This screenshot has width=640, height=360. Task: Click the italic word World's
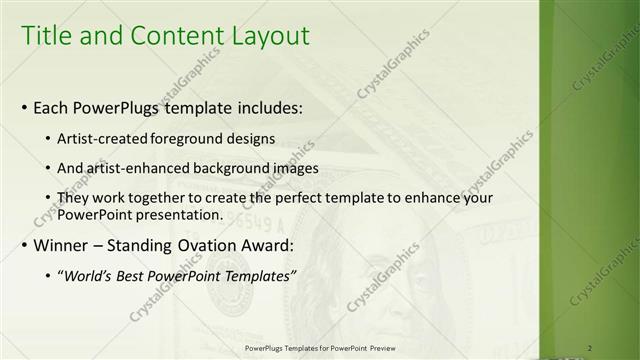click(x=88, y=275)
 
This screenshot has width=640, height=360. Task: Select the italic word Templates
click(x=256, y=275)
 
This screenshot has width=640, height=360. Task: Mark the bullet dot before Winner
click(x=24, y=245)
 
